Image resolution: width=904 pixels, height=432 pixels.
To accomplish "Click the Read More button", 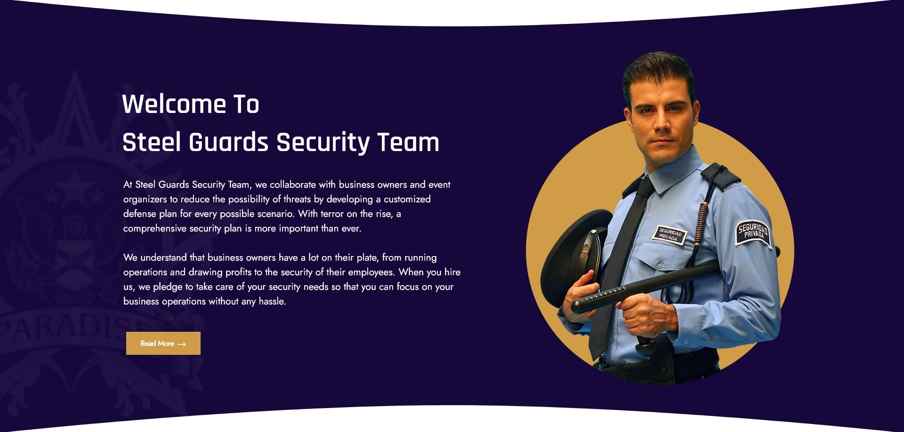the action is point(163,343).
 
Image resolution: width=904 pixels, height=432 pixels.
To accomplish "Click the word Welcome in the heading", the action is point(174,104).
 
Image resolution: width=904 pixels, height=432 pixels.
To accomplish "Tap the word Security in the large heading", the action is point(323,143).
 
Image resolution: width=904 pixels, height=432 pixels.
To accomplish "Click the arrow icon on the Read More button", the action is point(181,344).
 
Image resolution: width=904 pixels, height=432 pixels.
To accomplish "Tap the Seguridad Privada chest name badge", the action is point(670,234).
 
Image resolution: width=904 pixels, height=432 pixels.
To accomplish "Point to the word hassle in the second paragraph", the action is point(272,301).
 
